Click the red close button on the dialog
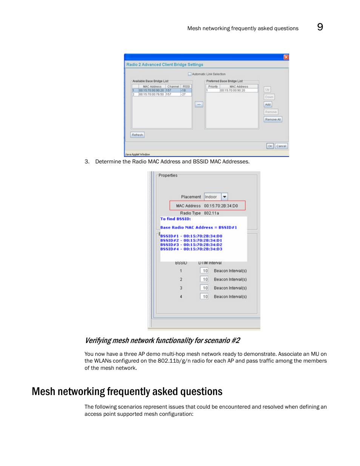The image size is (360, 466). tap(286, 57)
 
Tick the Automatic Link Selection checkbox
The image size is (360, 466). tap(190, 74)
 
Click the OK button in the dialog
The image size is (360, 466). tap(270, 146)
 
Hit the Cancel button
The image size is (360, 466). tap(281, 146)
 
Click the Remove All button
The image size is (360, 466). tap(272, 119)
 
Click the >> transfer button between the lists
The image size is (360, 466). tap(199, 104)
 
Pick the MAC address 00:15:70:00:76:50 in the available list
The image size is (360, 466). tap(151, 94)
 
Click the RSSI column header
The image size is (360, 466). tap(186, 86)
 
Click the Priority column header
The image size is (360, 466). tap(213, 86)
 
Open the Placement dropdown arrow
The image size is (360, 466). tap(225, 197)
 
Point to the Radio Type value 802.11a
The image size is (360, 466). tap(211, 213)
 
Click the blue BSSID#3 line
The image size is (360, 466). tap(191, 245)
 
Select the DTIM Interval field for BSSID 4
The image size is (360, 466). tap(205, 297)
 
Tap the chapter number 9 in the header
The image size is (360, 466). tap(320, 27)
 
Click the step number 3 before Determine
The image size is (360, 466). tap(87, 161)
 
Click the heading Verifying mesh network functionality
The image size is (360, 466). tap(162, 340)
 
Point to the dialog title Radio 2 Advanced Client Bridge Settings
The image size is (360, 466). tap(165, 65)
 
